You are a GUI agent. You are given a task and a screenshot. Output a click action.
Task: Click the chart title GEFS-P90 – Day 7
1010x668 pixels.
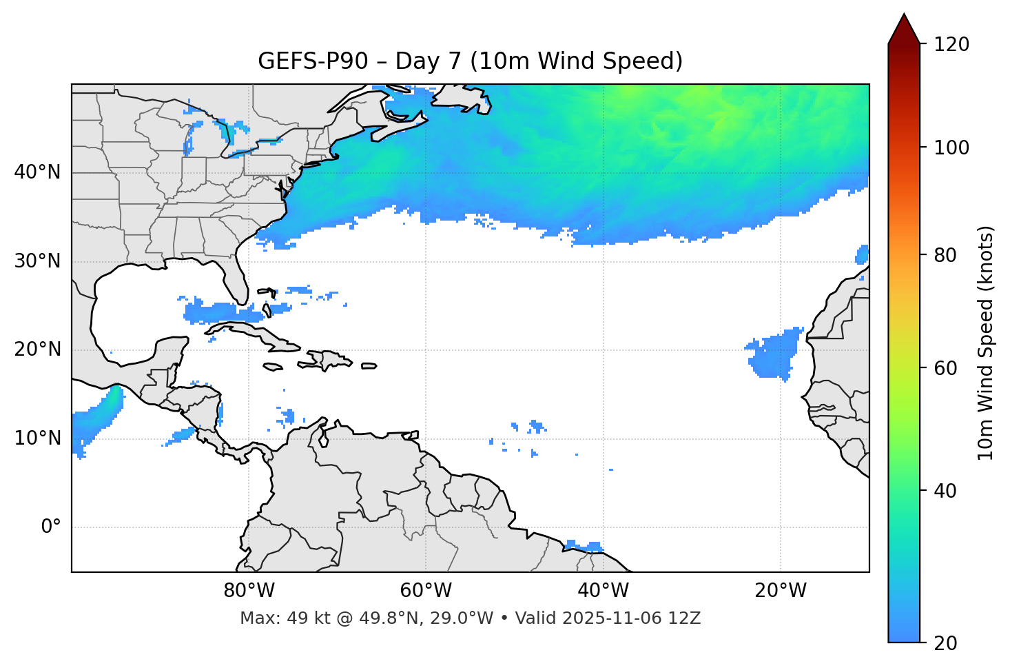[470, 61]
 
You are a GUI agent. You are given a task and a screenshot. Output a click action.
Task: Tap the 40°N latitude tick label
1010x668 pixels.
[37, 172]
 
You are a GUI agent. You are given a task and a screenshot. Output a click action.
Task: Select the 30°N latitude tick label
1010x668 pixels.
[37, 261]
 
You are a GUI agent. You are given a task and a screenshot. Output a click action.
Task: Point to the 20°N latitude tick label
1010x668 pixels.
[37, 350]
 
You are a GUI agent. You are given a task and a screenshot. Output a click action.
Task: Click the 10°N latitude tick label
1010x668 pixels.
[37, 438]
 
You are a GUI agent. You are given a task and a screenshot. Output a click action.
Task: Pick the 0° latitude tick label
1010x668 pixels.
[51, 527]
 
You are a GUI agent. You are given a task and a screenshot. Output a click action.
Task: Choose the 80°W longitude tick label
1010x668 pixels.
[249, 591]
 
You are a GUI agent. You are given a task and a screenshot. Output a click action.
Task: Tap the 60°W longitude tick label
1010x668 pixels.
[426, 591]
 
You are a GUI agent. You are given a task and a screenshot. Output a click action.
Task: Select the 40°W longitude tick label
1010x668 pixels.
[603, 591]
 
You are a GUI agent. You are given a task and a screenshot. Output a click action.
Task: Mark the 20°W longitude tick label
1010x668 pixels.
[780, 591]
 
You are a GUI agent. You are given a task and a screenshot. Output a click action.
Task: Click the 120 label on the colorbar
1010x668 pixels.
[951, 45]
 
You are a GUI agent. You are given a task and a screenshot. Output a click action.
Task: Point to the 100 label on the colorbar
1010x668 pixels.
[951, 148]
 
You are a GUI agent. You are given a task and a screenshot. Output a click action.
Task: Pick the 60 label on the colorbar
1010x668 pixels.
[945, 368]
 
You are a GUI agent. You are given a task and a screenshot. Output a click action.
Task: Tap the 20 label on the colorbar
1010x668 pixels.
[945, 643]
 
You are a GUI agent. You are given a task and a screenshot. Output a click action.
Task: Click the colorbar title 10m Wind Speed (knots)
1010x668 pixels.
[986, 343]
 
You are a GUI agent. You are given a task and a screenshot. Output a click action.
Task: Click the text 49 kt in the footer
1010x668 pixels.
[298, 618]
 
